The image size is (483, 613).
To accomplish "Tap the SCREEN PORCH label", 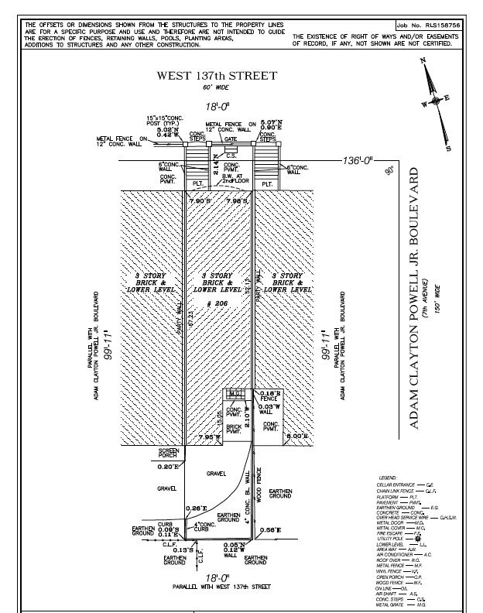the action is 169,454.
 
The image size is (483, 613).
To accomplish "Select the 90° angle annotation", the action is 392,171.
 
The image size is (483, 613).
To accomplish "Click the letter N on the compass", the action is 422,62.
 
